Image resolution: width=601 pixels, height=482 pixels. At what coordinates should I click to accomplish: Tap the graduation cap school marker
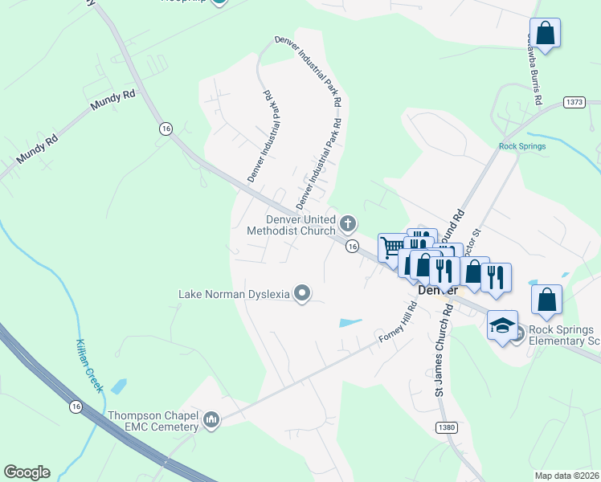[502, 325]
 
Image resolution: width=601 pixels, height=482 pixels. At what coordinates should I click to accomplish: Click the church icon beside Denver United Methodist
[348, 223]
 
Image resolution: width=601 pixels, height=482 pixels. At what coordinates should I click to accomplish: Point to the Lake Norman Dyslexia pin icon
[302, 294]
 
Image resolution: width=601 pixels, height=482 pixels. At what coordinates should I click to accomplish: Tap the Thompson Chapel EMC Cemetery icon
[212, 420]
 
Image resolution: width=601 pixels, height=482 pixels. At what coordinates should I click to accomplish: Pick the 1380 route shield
[448, 428]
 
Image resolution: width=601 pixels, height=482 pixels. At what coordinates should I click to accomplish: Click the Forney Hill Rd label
[397, 325]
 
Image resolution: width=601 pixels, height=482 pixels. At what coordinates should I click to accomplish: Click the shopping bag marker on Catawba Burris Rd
[545, 33]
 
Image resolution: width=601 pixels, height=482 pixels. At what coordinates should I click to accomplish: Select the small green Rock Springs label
[522, 146]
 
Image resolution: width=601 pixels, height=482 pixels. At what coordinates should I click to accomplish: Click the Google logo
[27, 472]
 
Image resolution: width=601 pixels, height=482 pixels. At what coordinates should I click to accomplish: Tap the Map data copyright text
[567, 476]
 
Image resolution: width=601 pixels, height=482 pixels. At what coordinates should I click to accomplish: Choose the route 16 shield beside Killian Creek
[76, 407]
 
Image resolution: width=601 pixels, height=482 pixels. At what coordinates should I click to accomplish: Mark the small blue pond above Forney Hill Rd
[350, 323]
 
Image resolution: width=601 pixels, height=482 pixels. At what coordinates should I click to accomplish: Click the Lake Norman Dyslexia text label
[234, 294]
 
